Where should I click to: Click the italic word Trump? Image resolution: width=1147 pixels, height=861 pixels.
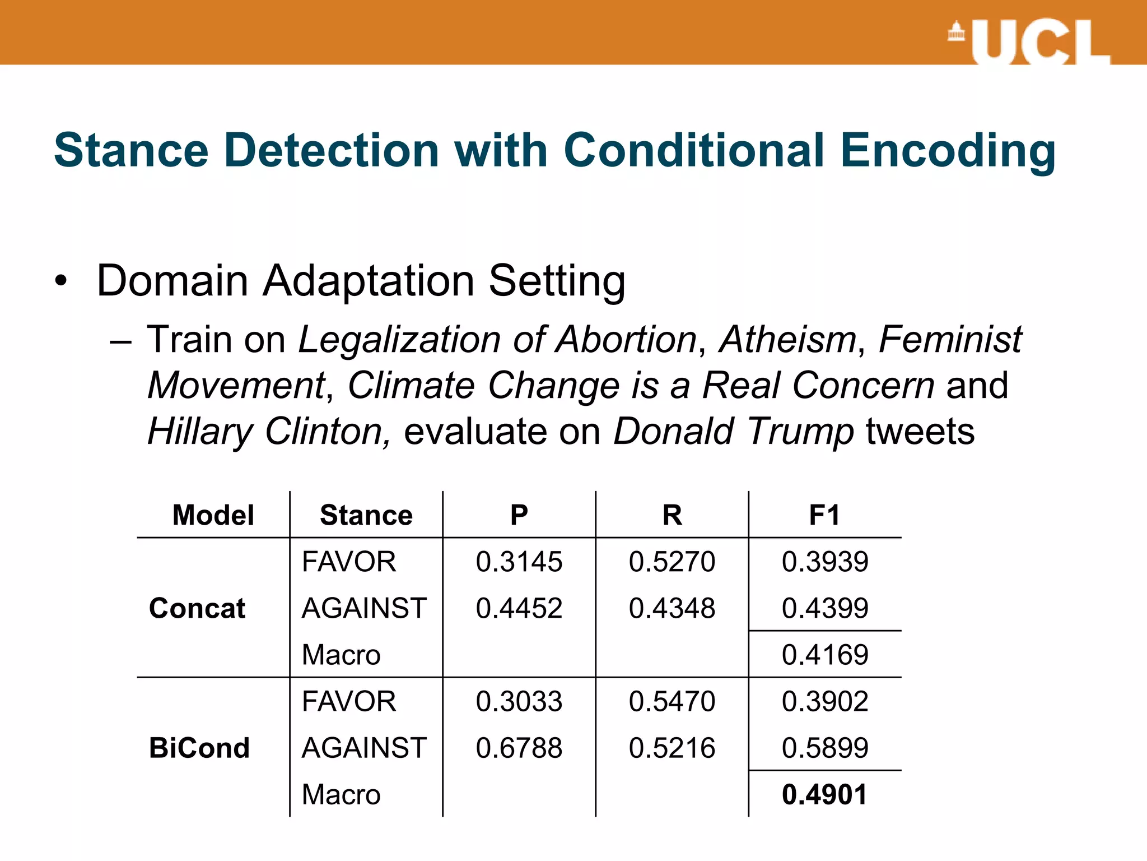pos(800,432)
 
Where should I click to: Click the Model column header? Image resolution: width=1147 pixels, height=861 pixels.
pos(213,515)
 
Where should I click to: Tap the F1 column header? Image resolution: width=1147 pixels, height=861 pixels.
pos(824,515)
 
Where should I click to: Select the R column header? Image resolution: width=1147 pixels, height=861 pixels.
pos(672,515)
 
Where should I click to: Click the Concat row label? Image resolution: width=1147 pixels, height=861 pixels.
pos(197,608)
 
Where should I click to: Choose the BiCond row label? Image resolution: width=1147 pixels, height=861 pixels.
pos(199,748)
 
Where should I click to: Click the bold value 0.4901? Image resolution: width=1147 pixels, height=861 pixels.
pos(824,794)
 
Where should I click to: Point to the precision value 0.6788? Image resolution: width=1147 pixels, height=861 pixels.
pos(519,748)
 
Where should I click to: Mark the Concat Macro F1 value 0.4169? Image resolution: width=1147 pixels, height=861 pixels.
pos(825,655)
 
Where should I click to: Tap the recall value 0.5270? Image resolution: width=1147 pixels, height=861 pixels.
pos(672,562)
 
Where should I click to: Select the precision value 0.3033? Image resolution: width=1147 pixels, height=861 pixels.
pos(519,701)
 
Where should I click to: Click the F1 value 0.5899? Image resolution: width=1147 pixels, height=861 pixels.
pos(825,748)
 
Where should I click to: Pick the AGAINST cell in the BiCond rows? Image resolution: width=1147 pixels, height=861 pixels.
pos(364,748)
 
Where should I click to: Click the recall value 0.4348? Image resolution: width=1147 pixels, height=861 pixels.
pos(672,608)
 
